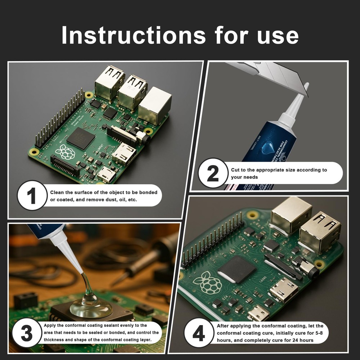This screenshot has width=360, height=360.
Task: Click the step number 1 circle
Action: coord(32,195)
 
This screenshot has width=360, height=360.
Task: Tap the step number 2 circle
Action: coord(213,173)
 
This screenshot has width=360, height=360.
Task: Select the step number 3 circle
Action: coord(27,333)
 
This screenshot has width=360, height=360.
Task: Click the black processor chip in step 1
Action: coord(81,138)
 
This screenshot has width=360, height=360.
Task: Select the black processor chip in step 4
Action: coord(237,269)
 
